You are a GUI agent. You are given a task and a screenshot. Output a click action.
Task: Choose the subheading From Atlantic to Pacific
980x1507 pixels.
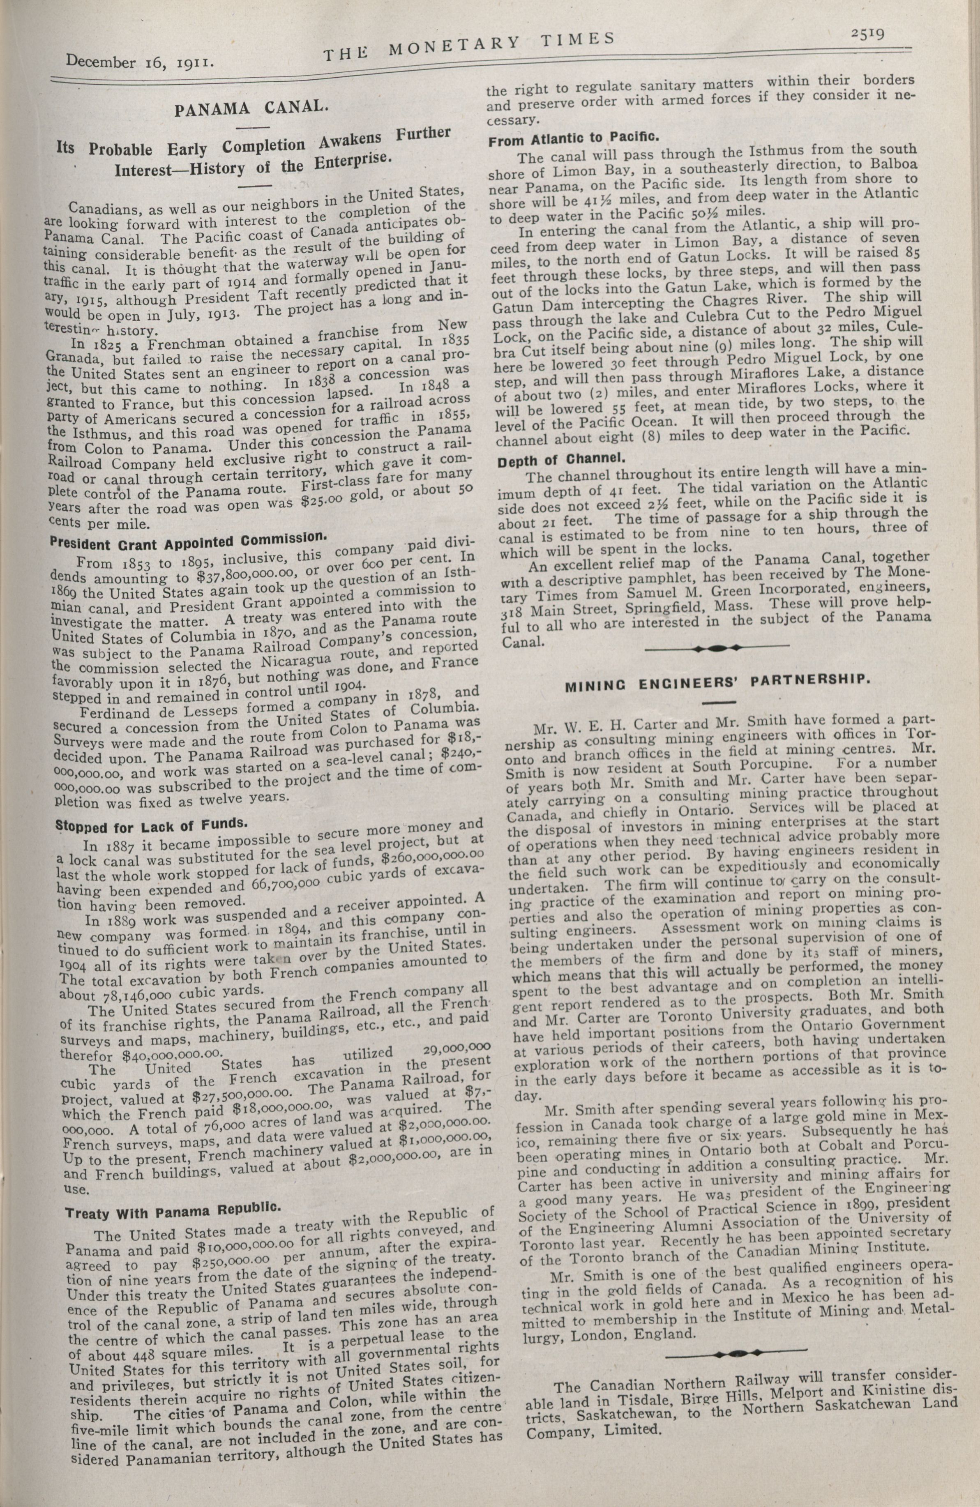(x=574, y=137)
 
